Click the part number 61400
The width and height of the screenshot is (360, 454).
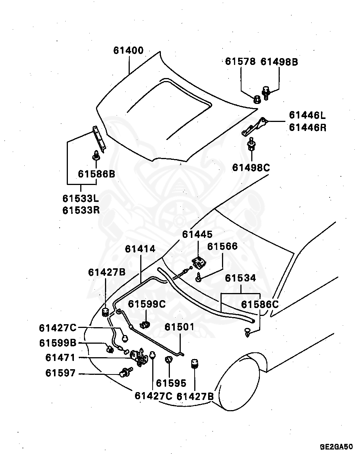129,51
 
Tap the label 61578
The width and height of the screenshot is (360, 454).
240,62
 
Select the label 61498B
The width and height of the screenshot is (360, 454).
279,62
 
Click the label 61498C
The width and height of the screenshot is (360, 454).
251,167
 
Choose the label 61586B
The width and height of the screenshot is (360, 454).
96,174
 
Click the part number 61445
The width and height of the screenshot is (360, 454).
197,234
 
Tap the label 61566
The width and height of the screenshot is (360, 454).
222,247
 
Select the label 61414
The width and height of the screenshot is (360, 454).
140,249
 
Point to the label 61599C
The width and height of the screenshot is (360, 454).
147,304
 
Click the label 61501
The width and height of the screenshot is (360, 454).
180,327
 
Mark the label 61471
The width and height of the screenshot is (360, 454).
60,358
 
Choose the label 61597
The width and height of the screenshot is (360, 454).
60,373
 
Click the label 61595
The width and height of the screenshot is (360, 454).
171,383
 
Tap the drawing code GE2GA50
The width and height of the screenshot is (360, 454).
336,447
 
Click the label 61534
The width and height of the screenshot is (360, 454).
240,278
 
